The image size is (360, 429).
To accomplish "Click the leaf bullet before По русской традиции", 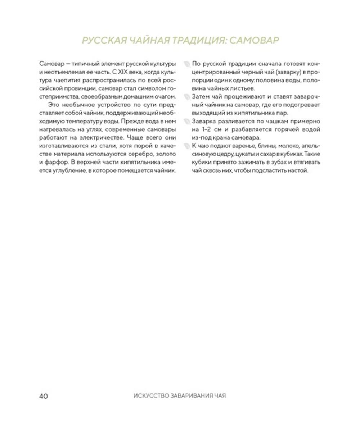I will point(186,64).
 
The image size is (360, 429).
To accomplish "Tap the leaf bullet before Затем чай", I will point(186,97).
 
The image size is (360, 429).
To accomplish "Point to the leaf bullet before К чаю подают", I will point(186,146).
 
